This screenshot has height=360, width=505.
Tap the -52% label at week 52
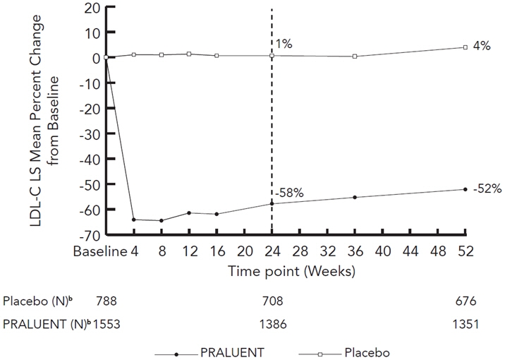click(487, 188)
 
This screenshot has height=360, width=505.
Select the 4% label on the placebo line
click(482, 47)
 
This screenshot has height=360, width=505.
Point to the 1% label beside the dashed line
click(283, 44)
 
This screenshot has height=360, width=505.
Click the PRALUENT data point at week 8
click(162, 220)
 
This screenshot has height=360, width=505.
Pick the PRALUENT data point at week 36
click(355, 197)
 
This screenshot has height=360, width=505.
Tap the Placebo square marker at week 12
click(189, 54)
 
